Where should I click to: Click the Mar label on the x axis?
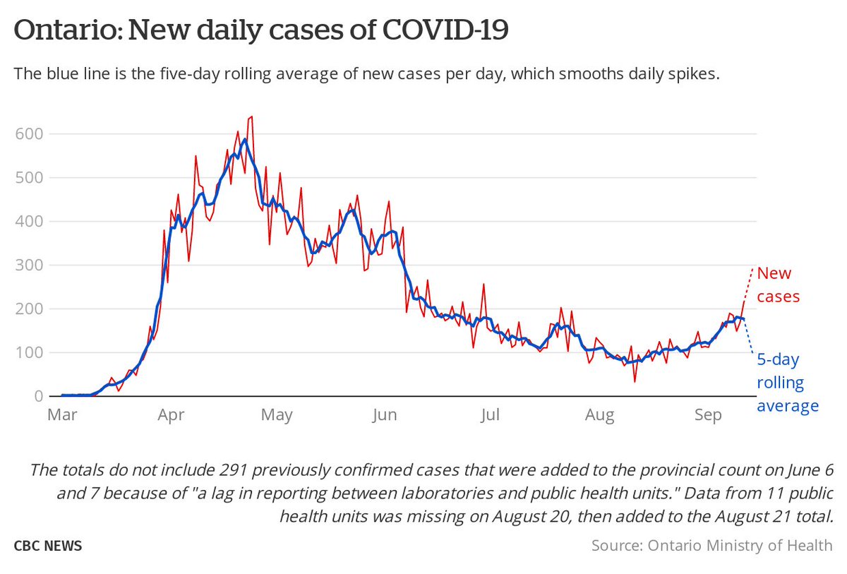pos(61,416)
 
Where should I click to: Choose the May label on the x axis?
pos(277,416)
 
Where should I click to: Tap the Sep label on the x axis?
pos(708,416)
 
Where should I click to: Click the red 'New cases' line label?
pos(778,285)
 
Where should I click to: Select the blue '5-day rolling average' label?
pos(787,382)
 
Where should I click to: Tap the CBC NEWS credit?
pos(47,546)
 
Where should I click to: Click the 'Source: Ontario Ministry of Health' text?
pos(711,546)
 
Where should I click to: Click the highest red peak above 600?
pos(252,117)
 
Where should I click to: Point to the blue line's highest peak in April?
pos(244,140)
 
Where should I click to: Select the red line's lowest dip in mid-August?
pos(635,381)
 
